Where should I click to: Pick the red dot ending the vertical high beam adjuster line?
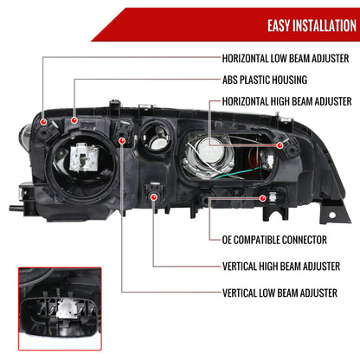[x=153, y=198]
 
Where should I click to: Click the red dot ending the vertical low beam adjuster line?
[x=123, y=139]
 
